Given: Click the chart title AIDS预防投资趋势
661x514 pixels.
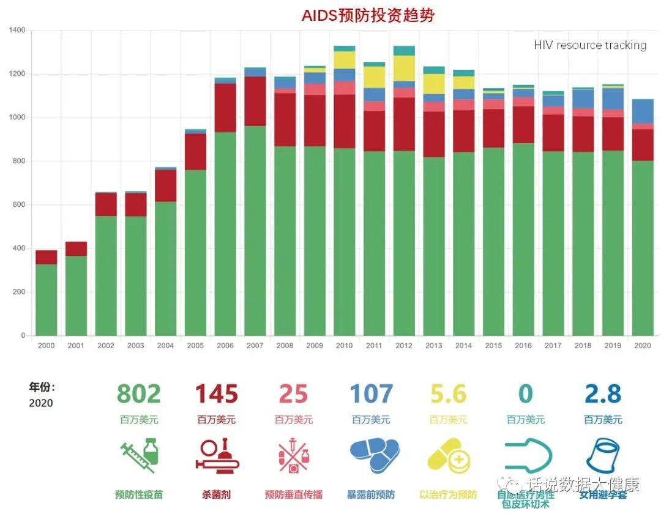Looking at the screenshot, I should click(368, 15).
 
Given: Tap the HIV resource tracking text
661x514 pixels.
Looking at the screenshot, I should click(589, 45).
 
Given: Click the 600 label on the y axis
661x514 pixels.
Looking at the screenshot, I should click(19, 204).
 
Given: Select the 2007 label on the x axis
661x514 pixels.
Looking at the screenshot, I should click(255, 346).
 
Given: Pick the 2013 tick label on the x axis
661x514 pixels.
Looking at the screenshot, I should click(433, 346).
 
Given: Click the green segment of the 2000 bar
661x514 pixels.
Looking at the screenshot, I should click(46, 300).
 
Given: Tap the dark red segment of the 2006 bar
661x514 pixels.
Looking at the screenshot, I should click(225, 108).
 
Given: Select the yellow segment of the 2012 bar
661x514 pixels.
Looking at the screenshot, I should click(404, 68).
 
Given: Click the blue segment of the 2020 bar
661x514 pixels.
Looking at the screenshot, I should click(643, 111).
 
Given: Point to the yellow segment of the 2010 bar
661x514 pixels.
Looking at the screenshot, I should click(344, 60).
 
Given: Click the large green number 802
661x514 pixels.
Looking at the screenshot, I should click(138, 394).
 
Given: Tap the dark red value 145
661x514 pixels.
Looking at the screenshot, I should click(216, 394).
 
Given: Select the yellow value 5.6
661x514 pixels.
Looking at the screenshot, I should click(448, 394).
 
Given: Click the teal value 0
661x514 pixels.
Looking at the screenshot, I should click(525, 394).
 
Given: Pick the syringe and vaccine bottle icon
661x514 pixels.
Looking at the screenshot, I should click(138, 456).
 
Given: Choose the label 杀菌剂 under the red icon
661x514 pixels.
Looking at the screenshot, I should click(216, 494).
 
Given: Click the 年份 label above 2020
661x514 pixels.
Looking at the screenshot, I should click(42, 387).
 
